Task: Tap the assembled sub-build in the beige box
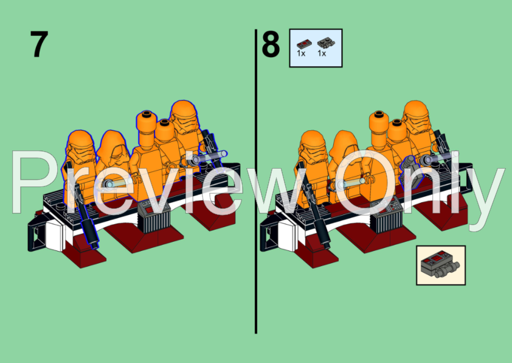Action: (440, 266)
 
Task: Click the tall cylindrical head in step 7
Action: (146, 125)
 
